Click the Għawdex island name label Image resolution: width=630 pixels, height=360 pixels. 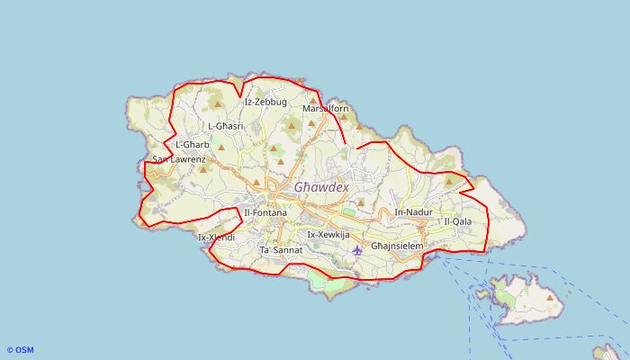(321, 187)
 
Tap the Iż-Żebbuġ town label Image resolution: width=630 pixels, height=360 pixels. (265, 102)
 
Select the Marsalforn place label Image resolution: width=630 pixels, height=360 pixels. (325, 109)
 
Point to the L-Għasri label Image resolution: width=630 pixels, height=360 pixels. (226, 126)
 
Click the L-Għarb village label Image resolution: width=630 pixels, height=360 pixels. (193, 144)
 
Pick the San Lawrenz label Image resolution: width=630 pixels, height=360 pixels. (179, 159)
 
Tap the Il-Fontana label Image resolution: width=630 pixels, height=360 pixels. (265, 212)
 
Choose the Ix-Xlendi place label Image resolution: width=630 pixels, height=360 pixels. (216, 238)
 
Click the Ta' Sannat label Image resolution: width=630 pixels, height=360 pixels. (281, 249)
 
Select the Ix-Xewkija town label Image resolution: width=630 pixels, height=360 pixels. (328, 234)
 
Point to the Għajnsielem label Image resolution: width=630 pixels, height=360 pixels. (397, 245)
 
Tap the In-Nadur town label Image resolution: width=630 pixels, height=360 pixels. (413, 212)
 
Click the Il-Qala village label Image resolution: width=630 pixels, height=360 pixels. (457, 220)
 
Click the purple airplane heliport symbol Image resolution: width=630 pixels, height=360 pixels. (357, 249)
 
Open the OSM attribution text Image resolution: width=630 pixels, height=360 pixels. (20, 350)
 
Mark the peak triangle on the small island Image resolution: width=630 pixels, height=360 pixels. (549, 296)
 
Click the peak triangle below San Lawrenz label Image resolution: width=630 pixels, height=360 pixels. (202, 168)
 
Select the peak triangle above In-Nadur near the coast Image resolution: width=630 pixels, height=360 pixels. (448, 181)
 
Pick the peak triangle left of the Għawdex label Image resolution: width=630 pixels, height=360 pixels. (256, 182)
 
